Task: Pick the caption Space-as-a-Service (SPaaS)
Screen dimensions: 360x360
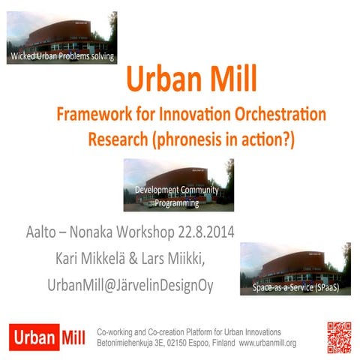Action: (x=295, y=288)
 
